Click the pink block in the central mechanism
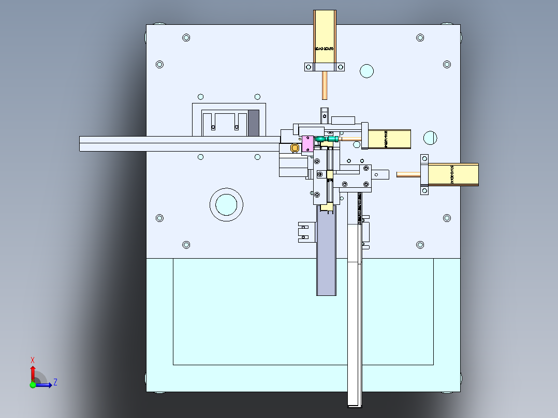coord(307,144)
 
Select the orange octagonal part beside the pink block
coord(295,148)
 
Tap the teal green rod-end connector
coord(329,139)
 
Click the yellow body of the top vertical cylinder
coord(325,36)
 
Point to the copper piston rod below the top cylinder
coord(325,85)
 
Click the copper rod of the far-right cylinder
coord(409,174)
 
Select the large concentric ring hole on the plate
coord(226,204)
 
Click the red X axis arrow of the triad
coord(33,371)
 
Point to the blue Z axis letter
coord(55,382)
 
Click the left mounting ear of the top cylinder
coord(309,67)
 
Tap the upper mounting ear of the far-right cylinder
coord(424,158)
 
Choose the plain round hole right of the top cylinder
coord(366,71)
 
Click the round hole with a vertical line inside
coord(430,138)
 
